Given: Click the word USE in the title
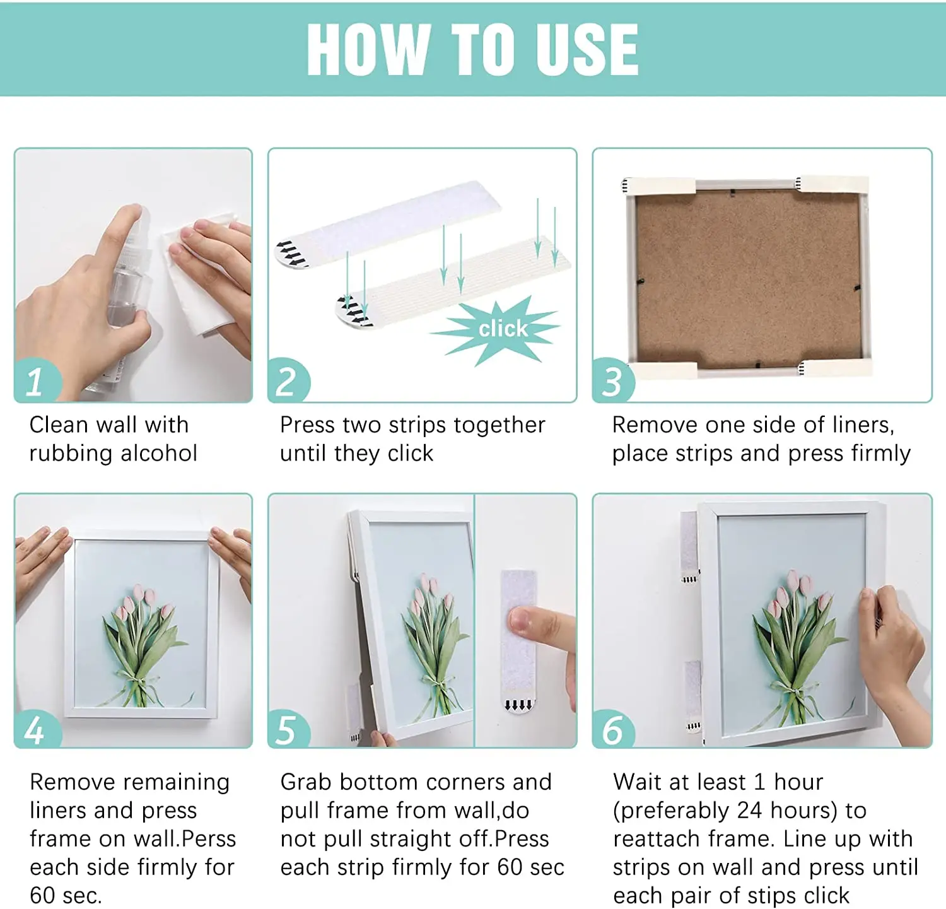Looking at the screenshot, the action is [x=585, y=49].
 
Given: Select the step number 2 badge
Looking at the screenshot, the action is [x=289, y=380].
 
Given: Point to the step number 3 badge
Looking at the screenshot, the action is [x=613, y=380].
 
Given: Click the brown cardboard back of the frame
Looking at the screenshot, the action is [x=748, y=279].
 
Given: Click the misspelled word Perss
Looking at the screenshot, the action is [x=208, y=839].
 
